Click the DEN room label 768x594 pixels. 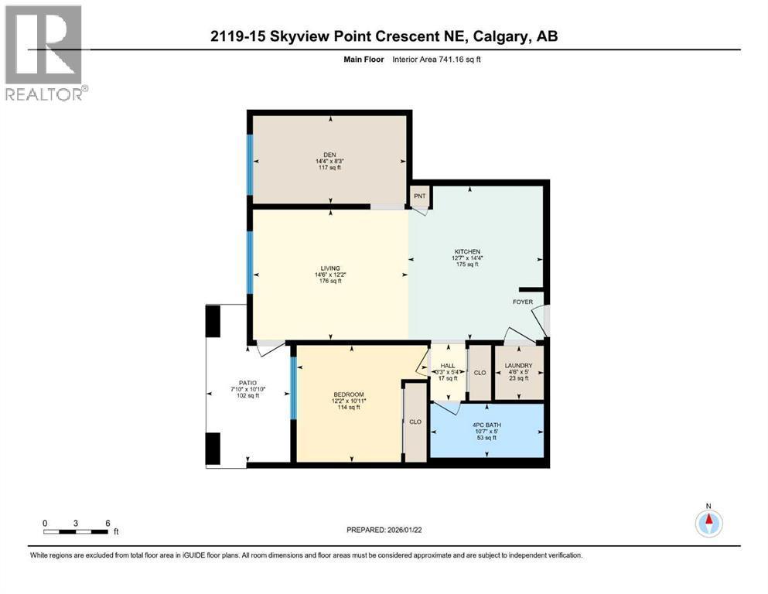(x=330, y=153)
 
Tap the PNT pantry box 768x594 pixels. (x=420, y=196)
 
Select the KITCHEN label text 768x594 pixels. (x=466, y=251)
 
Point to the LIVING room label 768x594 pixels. (x=330, y=268)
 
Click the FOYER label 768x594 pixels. (x=522, y=302)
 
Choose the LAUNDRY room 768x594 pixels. (x=518, y=366)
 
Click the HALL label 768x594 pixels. (x=448, y=366)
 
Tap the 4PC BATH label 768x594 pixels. (x=487, y=423)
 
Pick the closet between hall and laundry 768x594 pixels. (x=480, y=372)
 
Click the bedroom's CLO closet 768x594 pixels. (x=415, y=422)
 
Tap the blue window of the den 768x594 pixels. (x=250, y=159)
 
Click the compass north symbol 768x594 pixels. (x=708, y=524)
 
